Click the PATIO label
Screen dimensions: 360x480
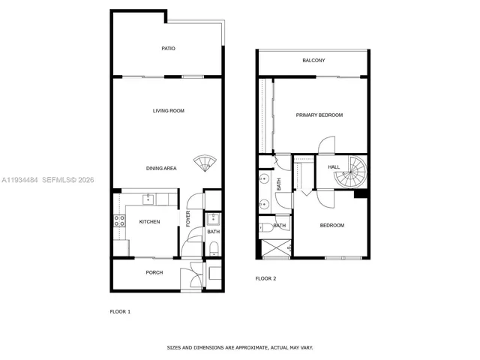coord(168,49)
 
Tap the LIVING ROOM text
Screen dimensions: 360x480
coord(169,111)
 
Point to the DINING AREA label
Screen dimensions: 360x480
coord(161,169)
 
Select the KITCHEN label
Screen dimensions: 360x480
coord(149,221)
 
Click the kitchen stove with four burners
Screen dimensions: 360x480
coord(118,220)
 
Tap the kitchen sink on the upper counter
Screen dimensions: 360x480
coord(148,199)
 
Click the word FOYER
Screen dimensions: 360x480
coord(188,219)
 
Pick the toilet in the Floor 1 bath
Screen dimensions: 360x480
coord(213,249)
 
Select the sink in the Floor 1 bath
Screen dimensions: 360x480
coord(213,220)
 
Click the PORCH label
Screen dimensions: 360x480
coord(154,272)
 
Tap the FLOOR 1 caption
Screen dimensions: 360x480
coord(120,311)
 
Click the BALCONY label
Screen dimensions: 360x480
coord(313,60)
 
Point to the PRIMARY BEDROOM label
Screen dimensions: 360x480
coord(319,115)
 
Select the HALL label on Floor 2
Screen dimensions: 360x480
coord(333,167)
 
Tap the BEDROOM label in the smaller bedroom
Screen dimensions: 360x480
coord(332,225)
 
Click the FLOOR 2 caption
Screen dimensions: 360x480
coord(265,278)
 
